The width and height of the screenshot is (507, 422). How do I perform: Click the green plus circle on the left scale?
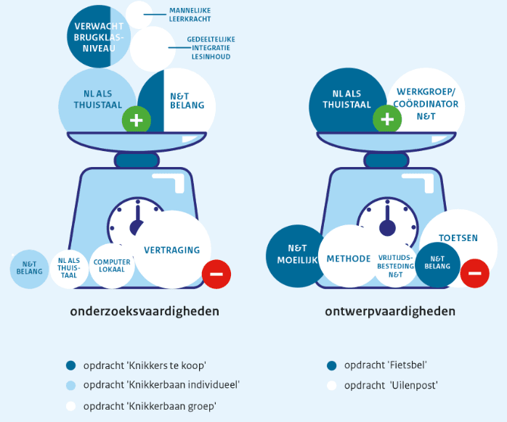pyautogui.click(x=137, y=121)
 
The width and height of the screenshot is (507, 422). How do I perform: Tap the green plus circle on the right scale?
pyautogui.click(x=387, y=119)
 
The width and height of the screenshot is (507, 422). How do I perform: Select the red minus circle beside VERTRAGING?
pyautogui.click(x=216, y=275)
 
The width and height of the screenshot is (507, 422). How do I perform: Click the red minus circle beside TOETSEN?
pyautogui.click(x=474, y=273)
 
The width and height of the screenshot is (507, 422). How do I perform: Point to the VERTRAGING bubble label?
pyautogui.click(x=171, y=250)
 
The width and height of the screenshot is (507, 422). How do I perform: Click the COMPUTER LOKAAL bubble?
pyautogui.click(x=112, y=266)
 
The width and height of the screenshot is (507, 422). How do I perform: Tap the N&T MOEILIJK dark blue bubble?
pyautogui.click(x=297, y=256)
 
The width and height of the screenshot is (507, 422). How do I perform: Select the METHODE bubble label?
pyautogui.click(x=349, y=259)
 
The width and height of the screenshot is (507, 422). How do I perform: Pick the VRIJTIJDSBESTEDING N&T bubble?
pyautogui.click(x=395, y=266)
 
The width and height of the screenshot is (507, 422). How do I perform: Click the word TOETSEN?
pyautogui.click(x=458, y=238)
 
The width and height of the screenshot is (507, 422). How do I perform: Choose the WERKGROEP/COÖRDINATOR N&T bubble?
pyautogui.click(x=426, y=104)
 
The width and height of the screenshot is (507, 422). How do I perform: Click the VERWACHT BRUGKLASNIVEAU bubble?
pyautogui.click(x=99, y=36)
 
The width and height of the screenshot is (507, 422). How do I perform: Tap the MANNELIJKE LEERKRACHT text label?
pyautogui.click(x=190, y=15)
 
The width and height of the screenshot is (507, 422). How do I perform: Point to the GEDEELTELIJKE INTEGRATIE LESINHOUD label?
pyautogui.click(x=211, y=48)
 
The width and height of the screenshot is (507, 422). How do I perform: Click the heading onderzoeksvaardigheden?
pyautogui.click(x=145, y=311)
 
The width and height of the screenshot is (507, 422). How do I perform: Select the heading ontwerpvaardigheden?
pyautogui.click(x=390, y=311)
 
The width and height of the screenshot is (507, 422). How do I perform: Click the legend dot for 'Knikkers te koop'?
pyautogui.click(x=70, y=365)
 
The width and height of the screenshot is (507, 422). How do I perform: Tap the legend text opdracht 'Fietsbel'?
pyautogui.click(x=386, y=365)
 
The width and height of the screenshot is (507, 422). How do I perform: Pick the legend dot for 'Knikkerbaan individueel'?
pyautogui.click(x=70, y=386)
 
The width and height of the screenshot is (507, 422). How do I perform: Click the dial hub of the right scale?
pyautogui.click(x=387, y=227)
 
